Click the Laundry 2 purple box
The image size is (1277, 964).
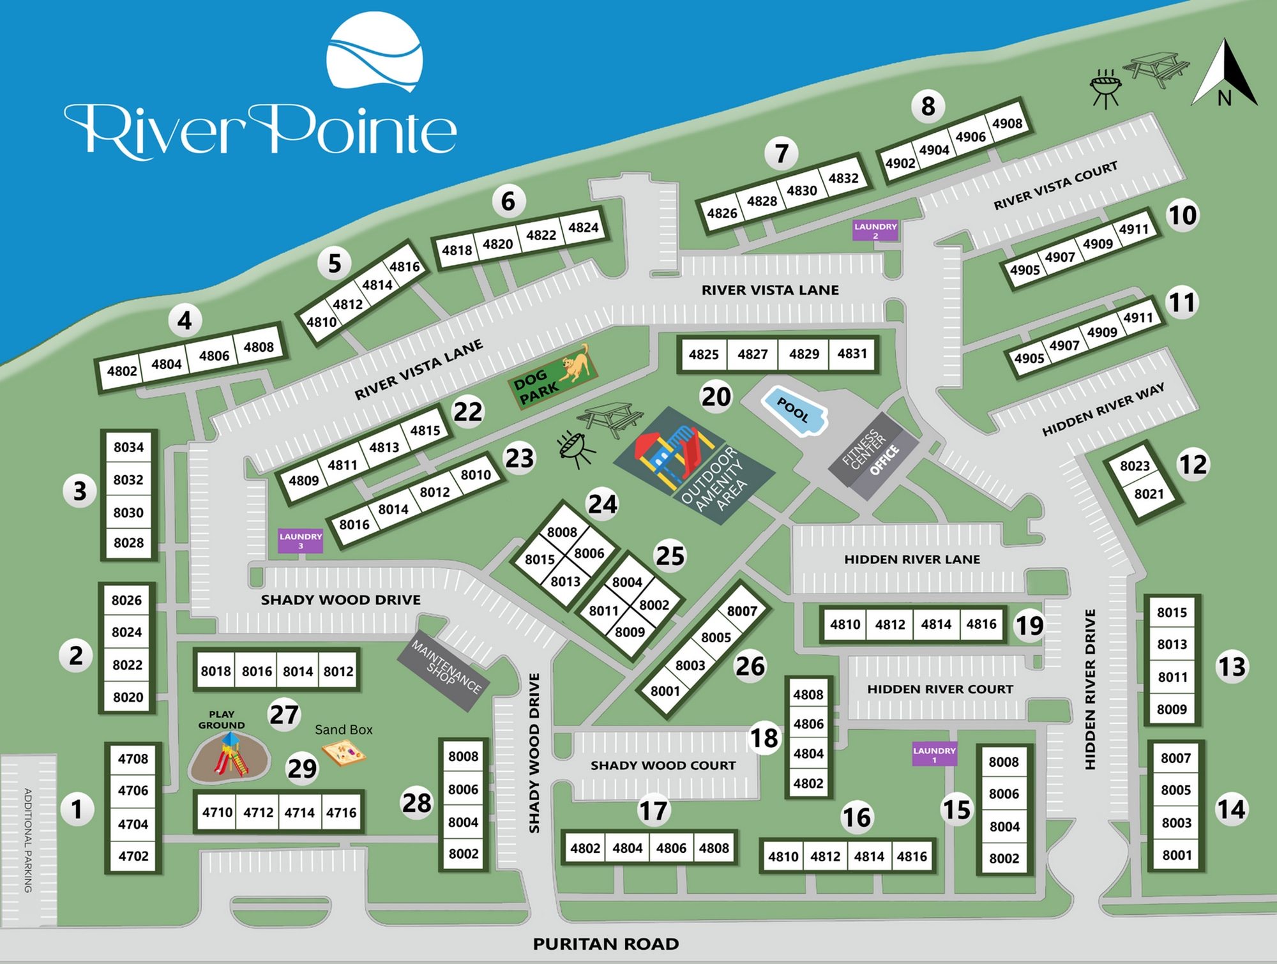click(x=875, y=230)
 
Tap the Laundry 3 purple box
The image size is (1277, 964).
click(x=300, y=541)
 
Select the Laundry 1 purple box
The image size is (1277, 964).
click(x=934, y=755)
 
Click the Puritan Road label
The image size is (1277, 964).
click(x=605, y=944)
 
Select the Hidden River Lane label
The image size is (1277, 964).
click(x=912, y=560)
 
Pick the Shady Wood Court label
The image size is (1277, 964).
click(x=663, y=765)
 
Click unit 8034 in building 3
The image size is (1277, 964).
click(x=128, y=448)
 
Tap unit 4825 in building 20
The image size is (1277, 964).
click(x=704, y=354)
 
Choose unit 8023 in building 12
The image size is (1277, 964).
click(x=1135, y=466)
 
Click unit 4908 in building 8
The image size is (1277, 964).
click(x=1007, y=123)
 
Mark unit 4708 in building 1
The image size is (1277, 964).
click(x=133, y=759)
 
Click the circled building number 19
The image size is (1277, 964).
click(x=1029, y=626)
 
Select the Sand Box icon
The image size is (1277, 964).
click(x=344, y=754)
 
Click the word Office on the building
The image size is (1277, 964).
click(x=884, y=460)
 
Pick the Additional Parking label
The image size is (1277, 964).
click(x=28, y=840)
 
